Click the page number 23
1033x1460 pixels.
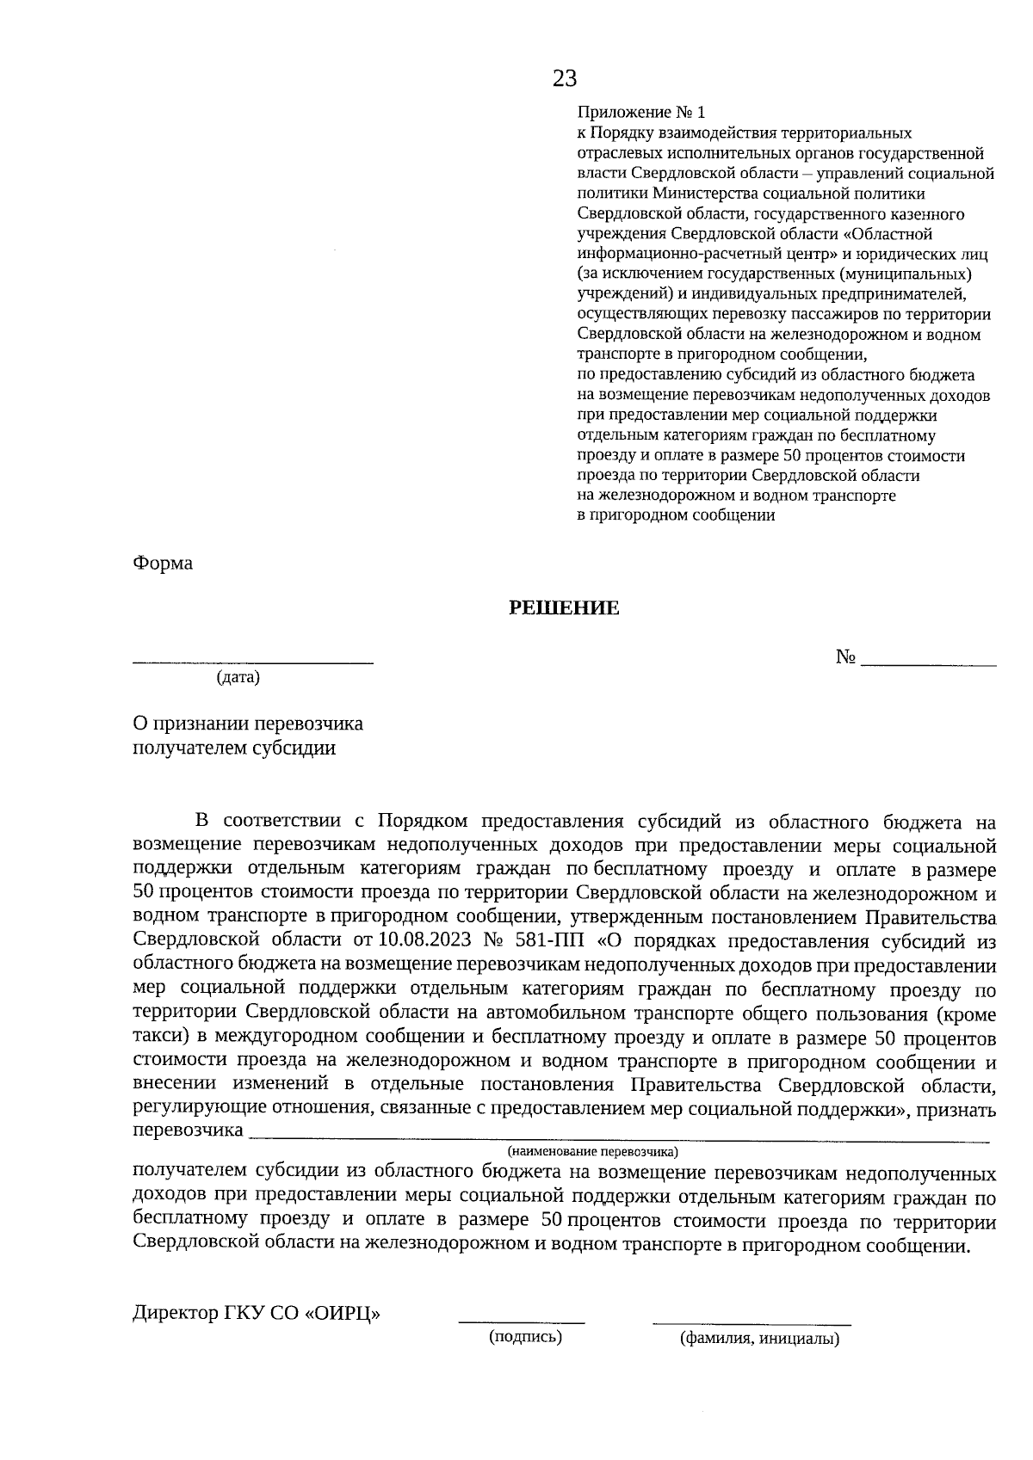click(565, 79)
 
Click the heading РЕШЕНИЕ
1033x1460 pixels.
click(564, 608)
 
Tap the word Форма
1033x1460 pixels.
click(163, 564)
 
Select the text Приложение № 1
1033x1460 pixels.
click(640, 113)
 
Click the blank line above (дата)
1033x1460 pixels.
click(253, 662)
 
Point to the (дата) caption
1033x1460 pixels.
click(238, 678)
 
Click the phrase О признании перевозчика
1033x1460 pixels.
click(248, 724)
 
